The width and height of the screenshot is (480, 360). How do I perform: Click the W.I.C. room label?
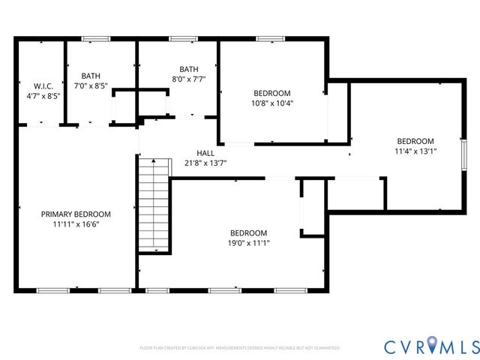tap(31, 86)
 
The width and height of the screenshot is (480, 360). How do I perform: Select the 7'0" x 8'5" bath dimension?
tap(91, 85)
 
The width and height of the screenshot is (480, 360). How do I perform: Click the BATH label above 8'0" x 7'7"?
tap(188, 69)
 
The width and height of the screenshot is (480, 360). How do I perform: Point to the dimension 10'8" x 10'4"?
tap(272, 103)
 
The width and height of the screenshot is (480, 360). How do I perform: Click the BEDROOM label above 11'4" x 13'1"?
tap(415, 141)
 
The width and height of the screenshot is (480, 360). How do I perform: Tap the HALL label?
tap(205, 153)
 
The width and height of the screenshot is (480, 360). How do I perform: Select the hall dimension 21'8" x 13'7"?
tap(205, 163)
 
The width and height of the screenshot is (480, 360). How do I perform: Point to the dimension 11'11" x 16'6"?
tap(76, 223)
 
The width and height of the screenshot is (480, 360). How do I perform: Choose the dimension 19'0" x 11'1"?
tap(248, 242)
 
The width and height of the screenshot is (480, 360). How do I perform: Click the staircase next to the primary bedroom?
tap(154, 205)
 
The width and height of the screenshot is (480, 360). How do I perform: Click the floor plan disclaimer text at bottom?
tap(240, 348)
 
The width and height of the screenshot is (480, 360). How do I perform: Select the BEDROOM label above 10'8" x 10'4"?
tap(272, 94)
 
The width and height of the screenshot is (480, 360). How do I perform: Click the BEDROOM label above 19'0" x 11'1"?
tap(248, 232)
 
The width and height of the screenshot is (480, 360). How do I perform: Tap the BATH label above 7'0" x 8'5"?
tap(91, 76)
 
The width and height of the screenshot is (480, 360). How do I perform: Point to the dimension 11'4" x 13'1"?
tap(415, 151)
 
